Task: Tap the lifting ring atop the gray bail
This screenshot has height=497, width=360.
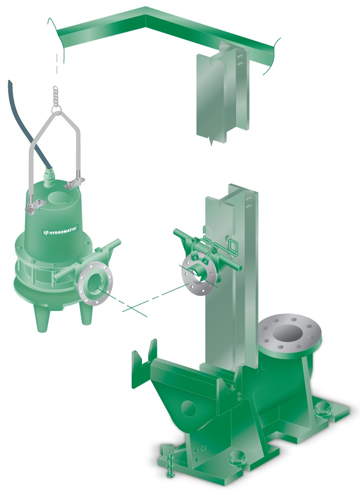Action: point(57,108)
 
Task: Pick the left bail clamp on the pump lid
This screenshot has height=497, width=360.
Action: point(32,207)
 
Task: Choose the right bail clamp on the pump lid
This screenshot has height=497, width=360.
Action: point(77,181)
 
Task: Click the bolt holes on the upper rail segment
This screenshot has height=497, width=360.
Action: point(239,61)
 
